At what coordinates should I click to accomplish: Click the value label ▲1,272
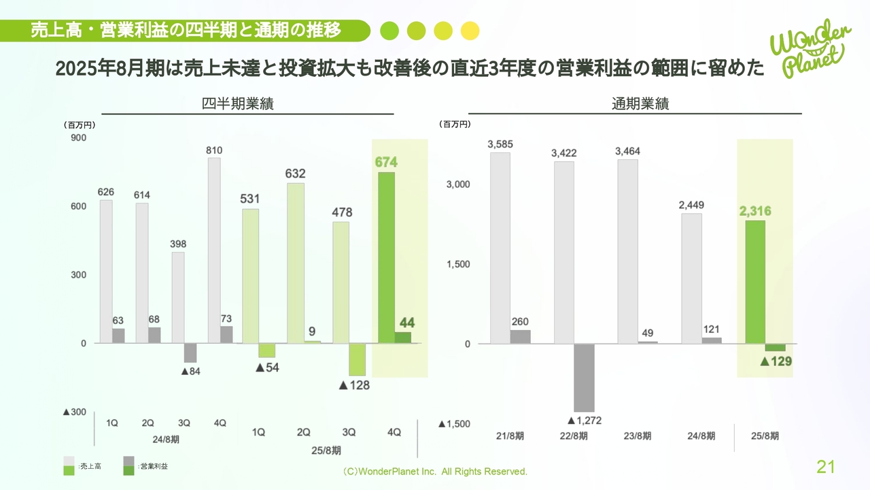click(584, 421)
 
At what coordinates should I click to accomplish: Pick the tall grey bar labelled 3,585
click(500, 248)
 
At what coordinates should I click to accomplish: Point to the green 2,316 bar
click(755, 282)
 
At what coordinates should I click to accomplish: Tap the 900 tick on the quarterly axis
click(79, 138)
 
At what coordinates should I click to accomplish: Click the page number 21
click(825, 467)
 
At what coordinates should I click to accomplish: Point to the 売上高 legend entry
click(90, 466)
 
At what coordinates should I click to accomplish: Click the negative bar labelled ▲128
click(358, 359)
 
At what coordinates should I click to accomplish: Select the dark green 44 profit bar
click(402, 338)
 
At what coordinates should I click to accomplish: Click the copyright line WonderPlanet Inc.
click(435, 472)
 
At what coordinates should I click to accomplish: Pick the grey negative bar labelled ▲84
click(190, 353)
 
